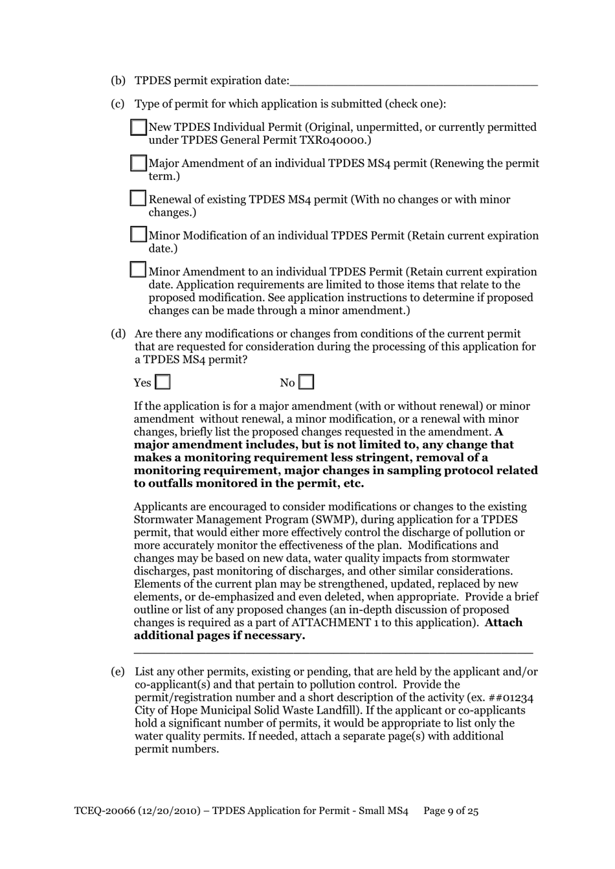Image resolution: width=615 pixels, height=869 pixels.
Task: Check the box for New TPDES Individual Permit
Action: click(139, 128)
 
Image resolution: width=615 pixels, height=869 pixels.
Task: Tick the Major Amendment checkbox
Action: click(139, 163)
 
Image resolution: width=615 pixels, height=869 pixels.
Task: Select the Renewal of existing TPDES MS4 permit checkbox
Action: click(139, 198)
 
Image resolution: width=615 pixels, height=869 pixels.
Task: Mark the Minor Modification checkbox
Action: click(139, 234)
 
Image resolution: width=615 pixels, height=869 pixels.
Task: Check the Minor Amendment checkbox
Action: click(139, 270)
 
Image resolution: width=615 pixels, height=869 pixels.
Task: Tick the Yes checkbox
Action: click(163, 383)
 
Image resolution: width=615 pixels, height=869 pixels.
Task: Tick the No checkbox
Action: click(307, 383)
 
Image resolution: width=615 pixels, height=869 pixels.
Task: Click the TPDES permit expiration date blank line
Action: click(414, 82)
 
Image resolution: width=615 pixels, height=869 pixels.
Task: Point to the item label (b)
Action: click(118, 81)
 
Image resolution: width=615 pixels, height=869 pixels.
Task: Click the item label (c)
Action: click(118, 104)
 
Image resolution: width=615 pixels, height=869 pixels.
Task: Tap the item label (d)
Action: click(118, 334)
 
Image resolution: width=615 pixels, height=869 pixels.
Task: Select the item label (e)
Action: click(118, 672)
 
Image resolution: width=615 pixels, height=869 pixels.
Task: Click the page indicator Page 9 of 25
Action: click(451, 811)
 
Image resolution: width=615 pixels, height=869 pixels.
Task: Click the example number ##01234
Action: click(510, 698)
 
